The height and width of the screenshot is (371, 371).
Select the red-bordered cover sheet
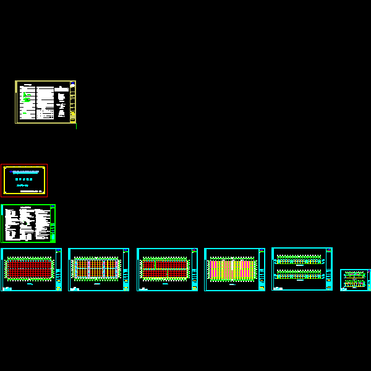[x=24, y=181]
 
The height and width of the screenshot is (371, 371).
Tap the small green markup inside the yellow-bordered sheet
[x=27, y=96]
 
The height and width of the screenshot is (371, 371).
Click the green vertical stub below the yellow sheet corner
[x=76, y=126]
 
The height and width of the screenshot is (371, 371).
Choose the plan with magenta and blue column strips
[x=96, y=268]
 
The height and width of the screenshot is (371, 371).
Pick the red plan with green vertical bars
[x=164, y=268]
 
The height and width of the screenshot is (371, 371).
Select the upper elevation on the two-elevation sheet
[x=299, y=258]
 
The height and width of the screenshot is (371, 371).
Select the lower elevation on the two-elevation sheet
[x=299, y=274]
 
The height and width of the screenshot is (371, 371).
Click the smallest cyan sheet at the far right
[x=355, y=280]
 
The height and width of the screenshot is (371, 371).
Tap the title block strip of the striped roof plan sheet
[x=262, y=269]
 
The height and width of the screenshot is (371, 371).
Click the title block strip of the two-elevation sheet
[x=328, y=268]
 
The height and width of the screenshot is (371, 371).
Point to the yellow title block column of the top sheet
[x=72, y=102]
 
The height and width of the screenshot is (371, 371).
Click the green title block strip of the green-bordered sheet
[x=53, y=223]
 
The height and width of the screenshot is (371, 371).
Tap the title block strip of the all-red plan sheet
[x=58, y=269]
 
